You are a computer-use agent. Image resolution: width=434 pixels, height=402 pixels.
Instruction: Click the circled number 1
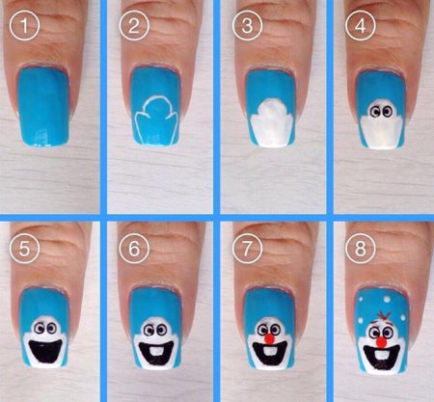24,25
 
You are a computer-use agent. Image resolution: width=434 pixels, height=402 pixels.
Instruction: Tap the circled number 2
134,25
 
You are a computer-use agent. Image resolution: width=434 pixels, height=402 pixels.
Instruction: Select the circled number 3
247,25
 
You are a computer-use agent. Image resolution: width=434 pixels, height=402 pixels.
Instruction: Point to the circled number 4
361,25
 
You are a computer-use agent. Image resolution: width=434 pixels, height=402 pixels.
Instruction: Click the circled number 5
24,249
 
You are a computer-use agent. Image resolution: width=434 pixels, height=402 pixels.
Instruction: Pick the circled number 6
134,249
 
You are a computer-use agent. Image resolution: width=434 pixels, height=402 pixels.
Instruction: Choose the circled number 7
247,249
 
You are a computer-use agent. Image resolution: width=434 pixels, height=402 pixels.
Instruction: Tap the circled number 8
361,249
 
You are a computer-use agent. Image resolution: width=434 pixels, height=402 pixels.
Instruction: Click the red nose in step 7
269,338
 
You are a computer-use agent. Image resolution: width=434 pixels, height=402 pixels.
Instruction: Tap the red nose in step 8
381,342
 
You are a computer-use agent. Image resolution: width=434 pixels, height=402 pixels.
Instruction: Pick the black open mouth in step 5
44,351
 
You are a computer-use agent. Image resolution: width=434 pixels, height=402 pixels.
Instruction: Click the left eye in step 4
374,112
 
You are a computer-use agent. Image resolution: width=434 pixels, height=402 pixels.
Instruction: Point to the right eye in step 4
386,112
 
